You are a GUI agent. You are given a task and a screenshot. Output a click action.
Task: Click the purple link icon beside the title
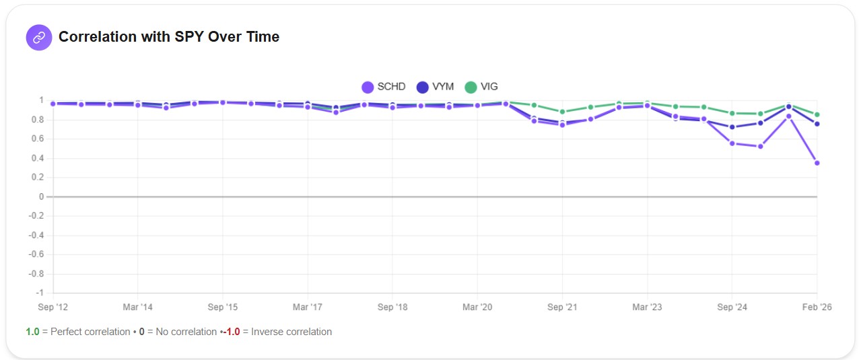[x=38, y=38]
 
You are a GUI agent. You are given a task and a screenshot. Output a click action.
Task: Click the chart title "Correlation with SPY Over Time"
[x=168, y=37]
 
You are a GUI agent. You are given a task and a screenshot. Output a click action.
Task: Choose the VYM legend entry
[x=435, y=87]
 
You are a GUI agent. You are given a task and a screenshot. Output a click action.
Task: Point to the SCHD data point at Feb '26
[x=817, y=163]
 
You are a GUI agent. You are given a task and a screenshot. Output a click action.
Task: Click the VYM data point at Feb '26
[x=817, y=124]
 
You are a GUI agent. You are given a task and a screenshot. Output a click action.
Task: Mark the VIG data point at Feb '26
[x=817, y=114]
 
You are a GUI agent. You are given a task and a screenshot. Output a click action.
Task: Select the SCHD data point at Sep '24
[x=732, y=143]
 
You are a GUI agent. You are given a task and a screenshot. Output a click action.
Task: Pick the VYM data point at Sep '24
[x=732, y=127]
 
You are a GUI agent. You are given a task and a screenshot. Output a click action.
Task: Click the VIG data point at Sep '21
[x=562, y=112]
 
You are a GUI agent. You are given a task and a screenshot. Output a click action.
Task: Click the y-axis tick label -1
[x=40, y=293]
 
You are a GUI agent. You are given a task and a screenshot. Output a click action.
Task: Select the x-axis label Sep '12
[x=53, y=307]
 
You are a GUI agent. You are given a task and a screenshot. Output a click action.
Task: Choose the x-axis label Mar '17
[x=307, y=307]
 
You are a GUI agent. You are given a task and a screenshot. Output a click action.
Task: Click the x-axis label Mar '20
[x=477, y=307]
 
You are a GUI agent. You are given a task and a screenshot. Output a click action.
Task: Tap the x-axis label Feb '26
[x=817, y=307]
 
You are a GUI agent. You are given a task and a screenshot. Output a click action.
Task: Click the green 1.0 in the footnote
[x=32, y=332]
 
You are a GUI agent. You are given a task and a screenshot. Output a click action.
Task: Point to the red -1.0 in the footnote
[x=233, y=332]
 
